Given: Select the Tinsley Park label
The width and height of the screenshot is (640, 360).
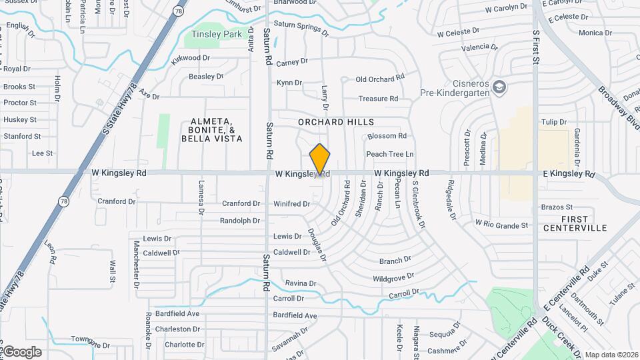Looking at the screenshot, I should tap(217, 34).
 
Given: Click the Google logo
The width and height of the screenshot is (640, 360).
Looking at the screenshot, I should tap(21, 351).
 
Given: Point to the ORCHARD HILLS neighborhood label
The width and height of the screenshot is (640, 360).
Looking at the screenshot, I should tap(336, 122).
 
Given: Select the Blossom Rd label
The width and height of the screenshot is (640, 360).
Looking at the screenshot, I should tap(387, 136).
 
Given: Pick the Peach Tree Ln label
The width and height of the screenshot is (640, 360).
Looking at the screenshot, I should tap(389, 154).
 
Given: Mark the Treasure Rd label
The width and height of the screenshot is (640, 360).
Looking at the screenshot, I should tap(378, 99).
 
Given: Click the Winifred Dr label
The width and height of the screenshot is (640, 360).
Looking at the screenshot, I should tap(292, 203).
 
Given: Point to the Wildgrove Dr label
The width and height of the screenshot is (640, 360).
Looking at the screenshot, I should tap(393, 277).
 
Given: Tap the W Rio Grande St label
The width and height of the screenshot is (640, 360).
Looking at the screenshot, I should tap(501, 225).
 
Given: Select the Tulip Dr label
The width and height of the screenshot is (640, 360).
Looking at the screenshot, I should tap(553, 122).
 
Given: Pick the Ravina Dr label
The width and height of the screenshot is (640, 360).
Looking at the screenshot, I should tap(300, 283).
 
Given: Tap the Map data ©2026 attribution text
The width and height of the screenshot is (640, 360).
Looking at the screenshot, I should tap(611, 355).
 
